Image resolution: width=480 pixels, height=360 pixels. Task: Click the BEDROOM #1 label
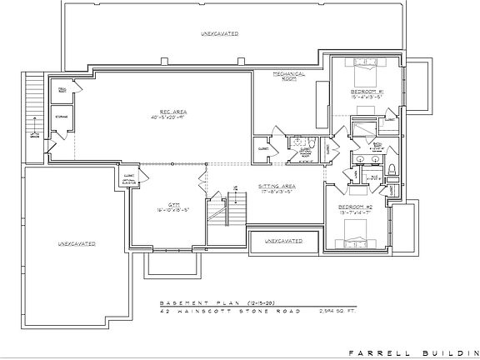[x=366, y=90]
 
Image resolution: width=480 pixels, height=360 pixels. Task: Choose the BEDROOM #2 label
[x=355, y=205]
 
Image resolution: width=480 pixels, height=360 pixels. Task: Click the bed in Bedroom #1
[x=367, y=67]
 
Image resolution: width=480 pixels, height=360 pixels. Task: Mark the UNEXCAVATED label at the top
[x=219, y=34]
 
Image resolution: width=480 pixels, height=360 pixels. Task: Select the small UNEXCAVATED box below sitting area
[x=282, y=242]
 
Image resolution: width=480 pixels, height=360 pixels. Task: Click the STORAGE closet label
[x=62, y=117]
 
